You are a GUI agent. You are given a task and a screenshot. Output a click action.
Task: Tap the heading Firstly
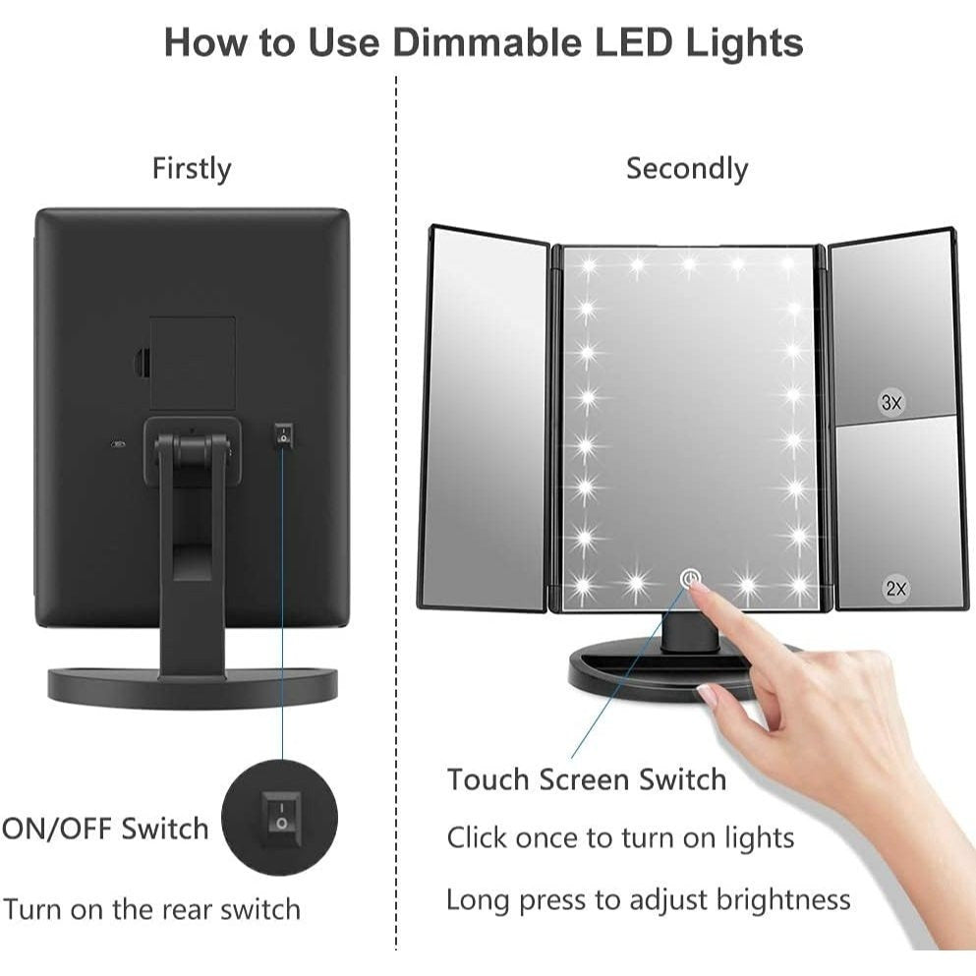coord(192,169)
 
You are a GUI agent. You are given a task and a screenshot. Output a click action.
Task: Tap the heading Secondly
coord(687,169)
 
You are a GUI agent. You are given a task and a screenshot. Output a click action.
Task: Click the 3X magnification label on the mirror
coord(891,402)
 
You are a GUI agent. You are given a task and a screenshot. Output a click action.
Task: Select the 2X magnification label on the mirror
coord(896,588)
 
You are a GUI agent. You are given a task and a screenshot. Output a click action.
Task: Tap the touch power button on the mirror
coord(690,579)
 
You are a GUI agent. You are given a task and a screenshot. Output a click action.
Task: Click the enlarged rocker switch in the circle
coord(281,819)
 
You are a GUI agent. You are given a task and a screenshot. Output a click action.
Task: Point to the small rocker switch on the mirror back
coord(284,434)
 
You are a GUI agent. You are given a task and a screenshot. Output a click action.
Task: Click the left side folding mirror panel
coord(486,419)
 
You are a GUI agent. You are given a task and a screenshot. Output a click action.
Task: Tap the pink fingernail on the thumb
coord(707,694)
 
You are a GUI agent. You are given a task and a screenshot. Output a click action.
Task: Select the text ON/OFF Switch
coord(104,830)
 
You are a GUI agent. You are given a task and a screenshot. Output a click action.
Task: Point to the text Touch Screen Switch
coord(587,779)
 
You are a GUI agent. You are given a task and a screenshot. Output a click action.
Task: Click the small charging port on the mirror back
coord(118,444)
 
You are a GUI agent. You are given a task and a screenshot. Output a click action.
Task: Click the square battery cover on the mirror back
coord(193,364)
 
